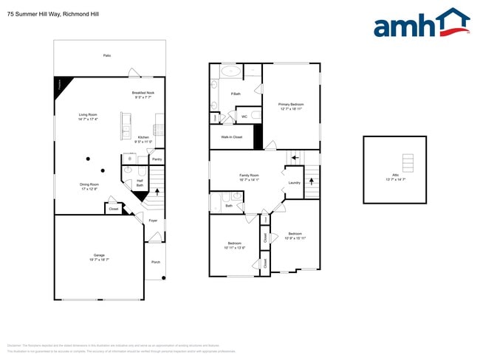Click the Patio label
(107, 56)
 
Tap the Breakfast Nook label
(143, 93)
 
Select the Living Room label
(88, 114)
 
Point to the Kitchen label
(143, 137)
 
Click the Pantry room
(157, 159)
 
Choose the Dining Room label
(89, 185)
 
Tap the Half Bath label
(140, 183)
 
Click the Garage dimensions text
(99, 260)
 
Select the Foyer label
(153, 221)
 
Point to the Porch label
(155, 262)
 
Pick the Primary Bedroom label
(291, 105)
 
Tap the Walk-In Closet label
(232, 137)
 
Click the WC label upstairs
(244, 116)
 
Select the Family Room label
(250, 176)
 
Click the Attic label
(396, 175)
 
